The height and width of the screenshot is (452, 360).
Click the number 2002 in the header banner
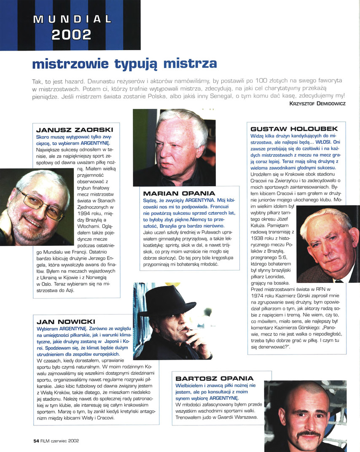pyautogui.click(x=71, y=34)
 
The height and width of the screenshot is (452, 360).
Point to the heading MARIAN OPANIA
pyautogui.click(x=179, y=194)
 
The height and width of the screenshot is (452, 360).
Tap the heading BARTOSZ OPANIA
pyautogui.click(x=214, y=378)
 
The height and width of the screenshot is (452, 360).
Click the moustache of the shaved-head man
pyautogui.click(x=310, y=433)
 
